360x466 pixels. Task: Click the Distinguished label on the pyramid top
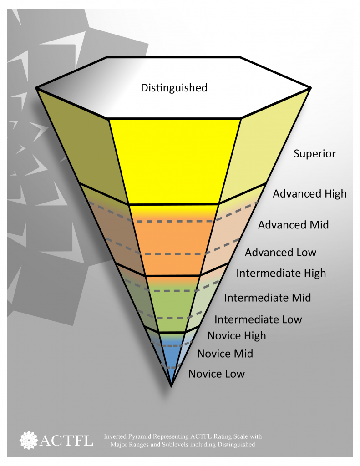[174, 87]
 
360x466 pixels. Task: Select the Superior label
[314, 154]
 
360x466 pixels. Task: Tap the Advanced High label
[309, 194]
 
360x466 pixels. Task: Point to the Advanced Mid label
[293, 225]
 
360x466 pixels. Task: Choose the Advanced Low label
[280, 253]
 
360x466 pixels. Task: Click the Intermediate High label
[281, 274]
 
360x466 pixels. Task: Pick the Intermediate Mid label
[267, 298]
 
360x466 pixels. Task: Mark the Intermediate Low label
[258, 320]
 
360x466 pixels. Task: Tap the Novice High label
[237, 336]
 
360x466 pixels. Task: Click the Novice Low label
[217, 374]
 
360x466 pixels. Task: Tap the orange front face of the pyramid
[173, 241]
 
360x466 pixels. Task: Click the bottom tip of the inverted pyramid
[171, 385]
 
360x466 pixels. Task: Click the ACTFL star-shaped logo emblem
[29, 439]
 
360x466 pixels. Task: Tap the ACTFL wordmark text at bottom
[66, 440]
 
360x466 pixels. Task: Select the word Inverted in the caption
[117, 436]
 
